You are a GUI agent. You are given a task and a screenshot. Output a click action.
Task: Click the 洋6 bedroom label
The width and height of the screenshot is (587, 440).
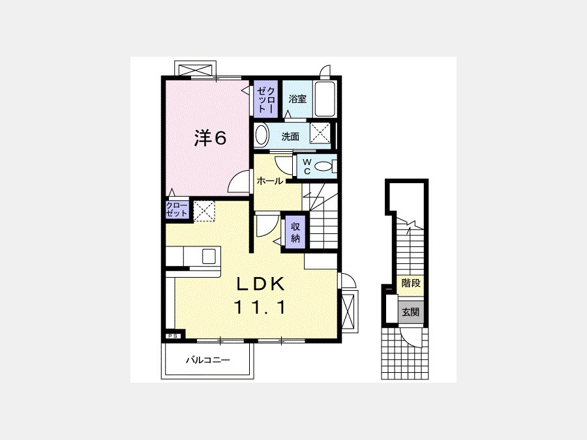point(210,138)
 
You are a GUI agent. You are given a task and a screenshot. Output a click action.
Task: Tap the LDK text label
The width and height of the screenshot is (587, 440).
point(260,285)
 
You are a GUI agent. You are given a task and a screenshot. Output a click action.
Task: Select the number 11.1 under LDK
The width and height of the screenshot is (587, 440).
point(260,308)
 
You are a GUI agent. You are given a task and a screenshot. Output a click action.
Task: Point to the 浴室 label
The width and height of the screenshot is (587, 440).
point(297,99)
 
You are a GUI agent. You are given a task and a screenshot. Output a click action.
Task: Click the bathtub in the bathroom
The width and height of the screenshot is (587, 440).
point(324,99)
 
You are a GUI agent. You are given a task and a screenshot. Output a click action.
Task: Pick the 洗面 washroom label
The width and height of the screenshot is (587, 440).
point(290,137)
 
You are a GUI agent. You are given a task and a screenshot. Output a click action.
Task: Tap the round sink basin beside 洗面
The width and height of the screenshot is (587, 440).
point(262,136)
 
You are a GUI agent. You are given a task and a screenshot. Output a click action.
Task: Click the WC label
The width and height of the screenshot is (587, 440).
point(307,166)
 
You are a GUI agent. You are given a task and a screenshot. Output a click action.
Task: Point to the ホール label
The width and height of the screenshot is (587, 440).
point(269,181)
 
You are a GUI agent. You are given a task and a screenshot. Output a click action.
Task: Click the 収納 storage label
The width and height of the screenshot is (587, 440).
point(295,232)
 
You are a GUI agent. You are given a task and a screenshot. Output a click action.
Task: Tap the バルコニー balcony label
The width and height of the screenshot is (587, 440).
point(208,360)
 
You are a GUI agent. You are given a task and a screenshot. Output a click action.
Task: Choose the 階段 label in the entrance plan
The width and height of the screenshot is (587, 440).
point(411,284)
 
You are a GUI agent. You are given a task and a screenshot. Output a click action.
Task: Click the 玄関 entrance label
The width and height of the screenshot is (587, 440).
point(411,312)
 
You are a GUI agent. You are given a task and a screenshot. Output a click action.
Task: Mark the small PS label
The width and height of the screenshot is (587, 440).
point(173,336)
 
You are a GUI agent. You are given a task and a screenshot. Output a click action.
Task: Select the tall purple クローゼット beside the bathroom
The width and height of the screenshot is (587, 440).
point(266,98)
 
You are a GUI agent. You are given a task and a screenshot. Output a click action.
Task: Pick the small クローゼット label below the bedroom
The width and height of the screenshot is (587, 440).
point(177,209)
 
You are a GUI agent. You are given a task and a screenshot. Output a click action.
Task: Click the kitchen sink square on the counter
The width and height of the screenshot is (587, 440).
point(209,256)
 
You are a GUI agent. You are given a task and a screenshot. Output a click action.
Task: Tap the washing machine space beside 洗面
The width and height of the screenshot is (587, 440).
point(320,133)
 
